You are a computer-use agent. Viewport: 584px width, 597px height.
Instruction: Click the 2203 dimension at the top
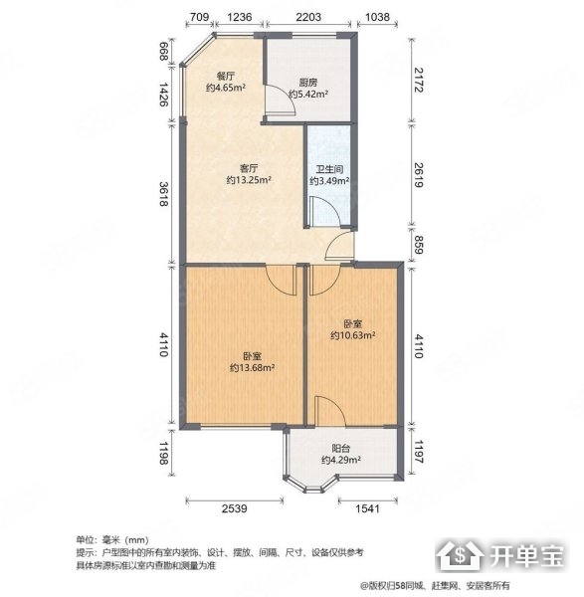[x=308, y=17]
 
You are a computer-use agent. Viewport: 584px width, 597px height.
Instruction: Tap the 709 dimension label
[x=199, y=17]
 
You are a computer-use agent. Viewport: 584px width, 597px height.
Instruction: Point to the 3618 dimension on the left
[x=164, y=194]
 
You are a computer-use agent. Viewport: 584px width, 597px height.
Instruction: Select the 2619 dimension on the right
[x=419, y=175]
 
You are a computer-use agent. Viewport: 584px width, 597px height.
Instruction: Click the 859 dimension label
[x=419, y=245]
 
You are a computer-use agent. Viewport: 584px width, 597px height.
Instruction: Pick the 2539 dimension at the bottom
[x=234, y=508]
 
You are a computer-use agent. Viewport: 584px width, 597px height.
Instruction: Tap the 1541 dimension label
[x=367, y=508]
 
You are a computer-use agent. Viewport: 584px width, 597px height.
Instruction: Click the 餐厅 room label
[x=226, y=77]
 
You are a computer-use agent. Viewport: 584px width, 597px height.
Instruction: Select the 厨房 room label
[x=308, y=83]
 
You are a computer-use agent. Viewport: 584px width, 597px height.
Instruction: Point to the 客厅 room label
[x=249, y=168]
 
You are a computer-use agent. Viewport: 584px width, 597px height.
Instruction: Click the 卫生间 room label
[x=329, y=169]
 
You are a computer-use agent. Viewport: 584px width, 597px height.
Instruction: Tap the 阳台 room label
[x=341, y=449]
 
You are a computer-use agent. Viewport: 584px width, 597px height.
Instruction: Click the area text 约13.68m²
[x=253, y=368]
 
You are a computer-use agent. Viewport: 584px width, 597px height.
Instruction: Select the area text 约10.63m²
[x=353, y=335]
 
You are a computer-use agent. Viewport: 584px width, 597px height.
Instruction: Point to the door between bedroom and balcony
[x=330, y=411]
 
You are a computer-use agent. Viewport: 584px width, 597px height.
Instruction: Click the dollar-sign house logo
[x=461, y=556]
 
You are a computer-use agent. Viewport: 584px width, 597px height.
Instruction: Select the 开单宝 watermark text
[x=526, y=556]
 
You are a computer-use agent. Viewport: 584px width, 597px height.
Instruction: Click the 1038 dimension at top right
[x=377, y=17]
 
